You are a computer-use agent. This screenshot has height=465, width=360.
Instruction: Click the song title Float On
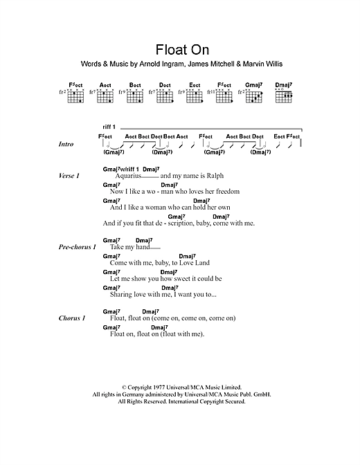180,51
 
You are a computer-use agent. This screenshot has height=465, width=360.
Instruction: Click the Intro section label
66,145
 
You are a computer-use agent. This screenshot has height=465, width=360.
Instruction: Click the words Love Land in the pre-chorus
195,263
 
